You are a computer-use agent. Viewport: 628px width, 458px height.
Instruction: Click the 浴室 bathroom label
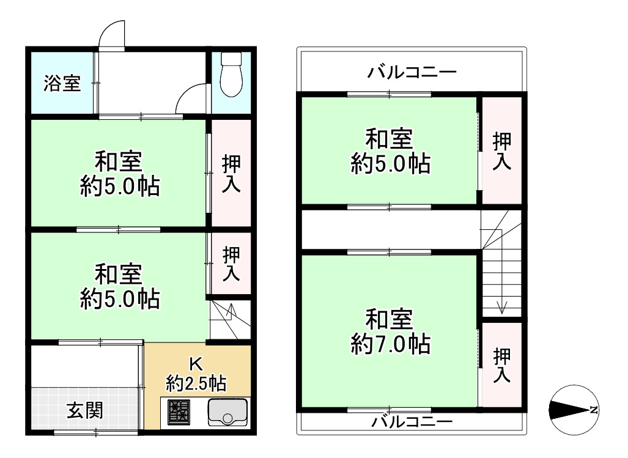point(62,84)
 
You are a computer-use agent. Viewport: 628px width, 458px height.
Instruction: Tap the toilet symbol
point(231,75)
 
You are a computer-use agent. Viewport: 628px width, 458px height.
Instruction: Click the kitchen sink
point(227,412)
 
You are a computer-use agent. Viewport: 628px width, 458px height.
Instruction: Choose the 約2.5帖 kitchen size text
point(196,383)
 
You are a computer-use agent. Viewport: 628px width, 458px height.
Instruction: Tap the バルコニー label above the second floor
point(412,73)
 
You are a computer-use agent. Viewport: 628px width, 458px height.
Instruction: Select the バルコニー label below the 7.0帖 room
point(412,422)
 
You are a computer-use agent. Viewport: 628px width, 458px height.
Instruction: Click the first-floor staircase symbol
point(229,318)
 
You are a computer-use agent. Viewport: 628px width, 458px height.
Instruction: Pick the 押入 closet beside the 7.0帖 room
point(502,365)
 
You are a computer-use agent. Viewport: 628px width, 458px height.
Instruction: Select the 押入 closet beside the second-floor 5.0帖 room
point(502,150)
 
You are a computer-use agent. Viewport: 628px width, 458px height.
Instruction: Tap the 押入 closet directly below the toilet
point(231,174)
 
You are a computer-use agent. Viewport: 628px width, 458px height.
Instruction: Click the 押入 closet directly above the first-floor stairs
point(231,264)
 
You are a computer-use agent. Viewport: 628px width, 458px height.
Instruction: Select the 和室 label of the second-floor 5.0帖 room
point(390,139)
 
